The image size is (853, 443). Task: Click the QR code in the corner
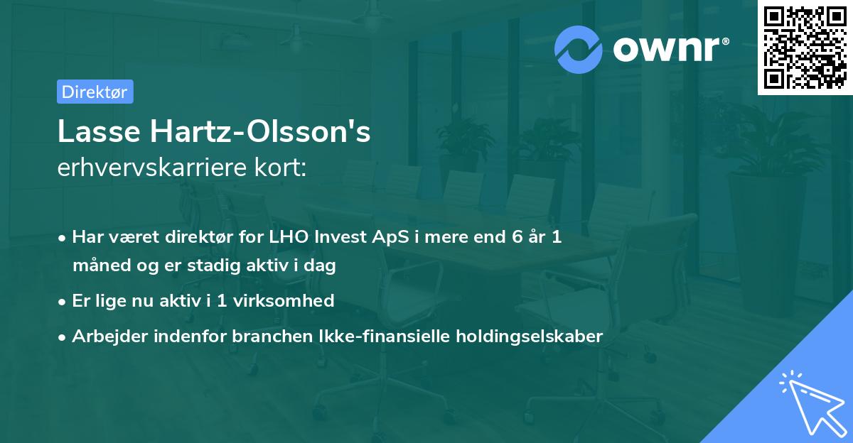click(x=805, y=48)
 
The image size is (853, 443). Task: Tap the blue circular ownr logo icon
click(x=579, y=49)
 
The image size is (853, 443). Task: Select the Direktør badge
click(x=95, y=92)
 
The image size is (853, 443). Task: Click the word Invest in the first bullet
click(x=338, y=237)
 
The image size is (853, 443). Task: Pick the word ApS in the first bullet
click(x=392, y=237)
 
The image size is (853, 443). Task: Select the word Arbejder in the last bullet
click(x=107, y=337)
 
